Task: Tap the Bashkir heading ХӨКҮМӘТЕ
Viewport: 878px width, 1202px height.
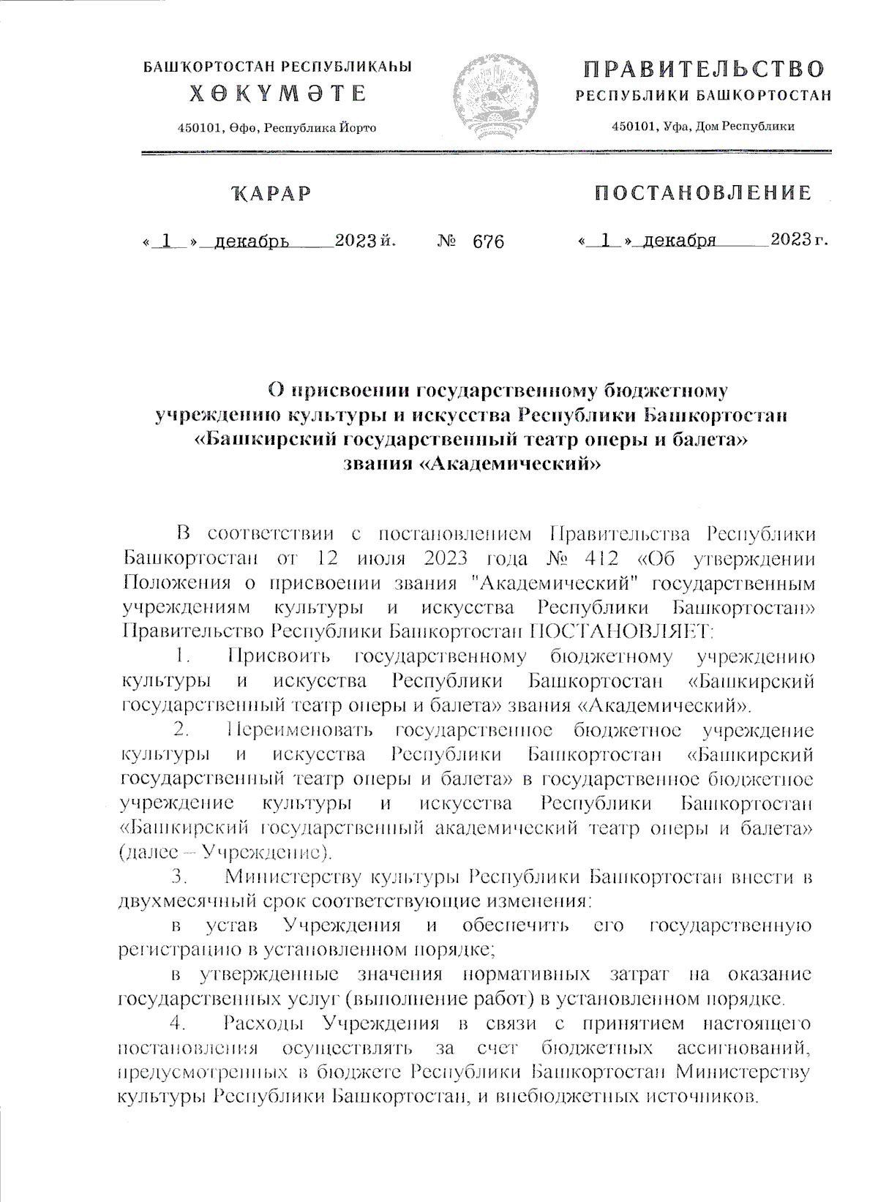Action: click(x=279, y=94)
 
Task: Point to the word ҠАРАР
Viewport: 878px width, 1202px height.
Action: click(x=270, y=194)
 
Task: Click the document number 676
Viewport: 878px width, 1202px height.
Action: click(x=488, y=241)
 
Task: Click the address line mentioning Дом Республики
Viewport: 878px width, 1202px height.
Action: click(x=703, y=127)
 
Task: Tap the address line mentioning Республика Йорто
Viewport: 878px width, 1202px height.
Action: click(x=278, y=128)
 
